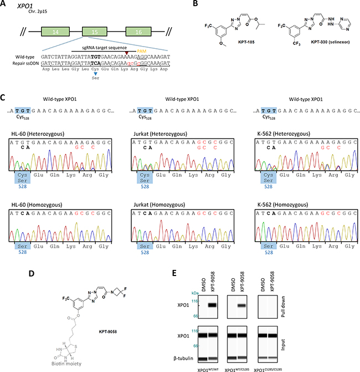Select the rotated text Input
click(353, 345)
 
